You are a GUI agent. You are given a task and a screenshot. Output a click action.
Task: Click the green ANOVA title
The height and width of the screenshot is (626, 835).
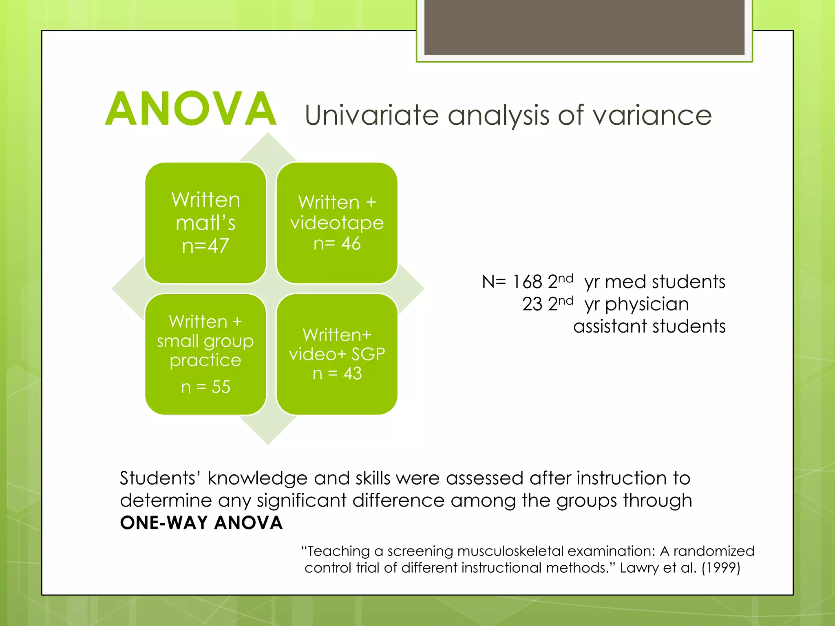[191, 109]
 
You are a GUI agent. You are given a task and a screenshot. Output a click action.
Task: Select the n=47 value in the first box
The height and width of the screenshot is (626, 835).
[205, 246]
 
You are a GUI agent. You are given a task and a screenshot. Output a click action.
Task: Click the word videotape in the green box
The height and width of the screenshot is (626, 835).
[337, 223]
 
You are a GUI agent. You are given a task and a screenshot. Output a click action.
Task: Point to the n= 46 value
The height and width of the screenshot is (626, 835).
[337, 243]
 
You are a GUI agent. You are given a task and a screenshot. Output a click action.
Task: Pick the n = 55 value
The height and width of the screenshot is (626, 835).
[205, 386]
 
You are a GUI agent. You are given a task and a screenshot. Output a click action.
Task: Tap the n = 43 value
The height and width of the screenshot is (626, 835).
[337, 373]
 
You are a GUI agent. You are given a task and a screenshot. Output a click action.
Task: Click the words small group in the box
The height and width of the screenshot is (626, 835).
[205, 341]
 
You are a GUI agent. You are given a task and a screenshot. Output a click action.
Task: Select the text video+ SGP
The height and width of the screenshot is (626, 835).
[337, 354]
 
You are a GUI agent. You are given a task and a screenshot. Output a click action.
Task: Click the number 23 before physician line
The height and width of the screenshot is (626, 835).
[532, 304]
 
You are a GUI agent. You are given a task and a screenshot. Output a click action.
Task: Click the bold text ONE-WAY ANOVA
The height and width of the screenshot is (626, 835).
[201, 523]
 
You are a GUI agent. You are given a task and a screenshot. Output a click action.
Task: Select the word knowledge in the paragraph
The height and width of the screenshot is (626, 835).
[257, 478]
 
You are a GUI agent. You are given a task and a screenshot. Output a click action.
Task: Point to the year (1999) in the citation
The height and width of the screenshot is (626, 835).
[720, 568]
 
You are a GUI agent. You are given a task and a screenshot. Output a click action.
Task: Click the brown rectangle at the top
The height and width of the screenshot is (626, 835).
[584, 27]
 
